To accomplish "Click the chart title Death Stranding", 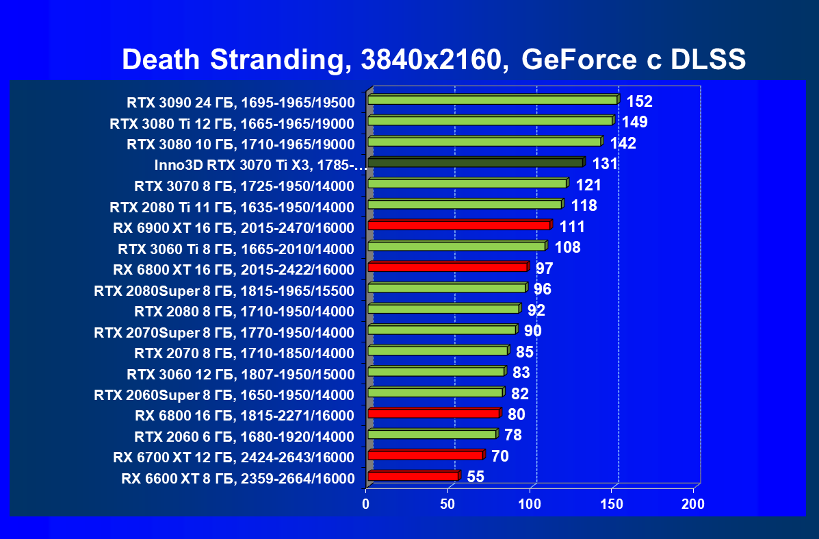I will click(x=433, y=60).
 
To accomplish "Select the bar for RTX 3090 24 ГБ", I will click(x=493, y=100).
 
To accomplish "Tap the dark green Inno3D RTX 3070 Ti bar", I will click(x=476, y=162).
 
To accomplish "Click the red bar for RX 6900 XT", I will click(x=458, y=225).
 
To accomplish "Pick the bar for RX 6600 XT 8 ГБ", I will click(x=413, y=476).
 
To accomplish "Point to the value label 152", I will click(x=640, y=102).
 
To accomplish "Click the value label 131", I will click(x=605, y=164).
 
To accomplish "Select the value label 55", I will click(x=476, y=477).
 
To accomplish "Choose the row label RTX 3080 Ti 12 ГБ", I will click(x=232, y=124).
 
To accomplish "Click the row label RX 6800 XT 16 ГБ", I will click(x=233, y=270).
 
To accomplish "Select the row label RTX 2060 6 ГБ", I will click(x=244, y=437).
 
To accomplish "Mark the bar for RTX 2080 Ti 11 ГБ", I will click(x=465, y=204).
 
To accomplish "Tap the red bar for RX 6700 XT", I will click(x=425, y=455).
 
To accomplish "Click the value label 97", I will click(x=544, y=268).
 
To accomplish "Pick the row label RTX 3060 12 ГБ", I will click(x=240, y=375).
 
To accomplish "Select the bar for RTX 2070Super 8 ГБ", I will click(x=441, y=329).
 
